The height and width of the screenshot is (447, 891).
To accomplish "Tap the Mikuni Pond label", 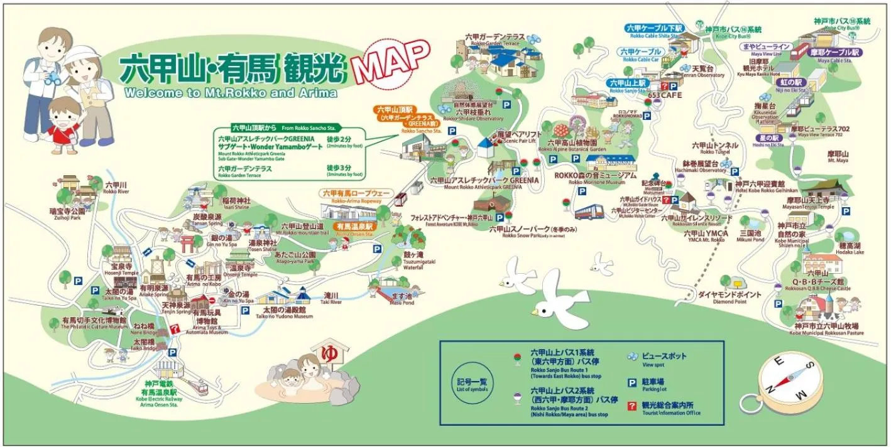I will (750, 235).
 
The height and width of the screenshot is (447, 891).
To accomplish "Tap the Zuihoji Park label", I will (69, 214).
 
